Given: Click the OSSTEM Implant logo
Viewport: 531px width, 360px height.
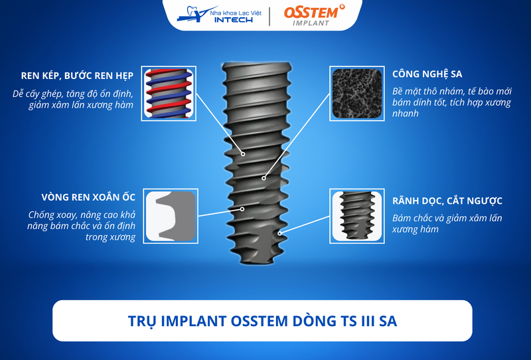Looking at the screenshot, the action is tap(314, 15).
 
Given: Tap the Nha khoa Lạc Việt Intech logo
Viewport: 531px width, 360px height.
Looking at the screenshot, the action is tap(219, 15).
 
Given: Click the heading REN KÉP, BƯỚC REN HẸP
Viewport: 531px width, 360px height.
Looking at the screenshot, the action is tap(77, 76).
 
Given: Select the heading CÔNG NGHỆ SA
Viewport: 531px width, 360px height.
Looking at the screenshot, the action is tap(427, 74).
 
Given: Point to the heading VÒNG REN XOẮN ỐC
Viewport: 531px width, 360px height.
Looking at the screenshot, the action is tap(88, 197).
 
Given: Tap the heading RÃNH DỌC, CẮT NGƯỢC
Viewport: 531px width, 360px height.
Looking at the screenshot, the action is tap(447, 201).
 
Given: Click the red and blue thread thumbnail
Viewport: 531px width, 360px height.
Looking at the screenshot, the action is tap(169, 94).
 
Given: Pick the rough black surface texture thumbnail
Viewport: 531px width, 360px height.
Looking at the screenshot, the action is tap(357, 94).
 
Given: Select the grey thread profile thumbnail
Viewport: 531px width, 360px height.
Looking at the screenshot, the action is tap(171, 216).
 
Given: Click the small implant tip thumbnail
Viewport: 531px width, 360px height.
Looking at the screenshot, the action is tap(357, 216).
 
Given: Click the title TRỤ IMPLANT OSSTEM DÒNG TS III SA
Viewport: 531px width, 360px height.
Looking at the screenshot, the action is tap(262, 321).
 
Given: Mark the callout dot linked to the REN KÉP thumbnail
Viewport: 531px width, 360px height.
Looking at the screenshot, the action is tap(243, 154).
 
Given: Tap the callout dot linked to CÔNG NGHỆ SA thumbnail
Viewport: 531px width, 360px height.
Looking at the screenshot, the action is tap(264, 178).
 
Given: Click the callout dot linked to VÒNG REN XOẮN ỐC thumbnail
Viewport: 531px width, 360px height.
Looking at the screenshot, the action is tap(242, 209).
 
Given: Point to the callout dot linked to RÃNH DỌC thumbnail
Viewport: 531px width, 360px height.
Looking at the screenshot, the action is tap(279, 233).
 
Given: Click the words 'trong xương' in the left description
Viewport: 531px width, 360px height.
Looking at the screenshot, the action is tap(110, 237).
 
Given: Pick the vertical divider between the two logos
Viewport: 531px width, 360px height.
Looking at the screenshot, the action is tap(269, 16).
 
